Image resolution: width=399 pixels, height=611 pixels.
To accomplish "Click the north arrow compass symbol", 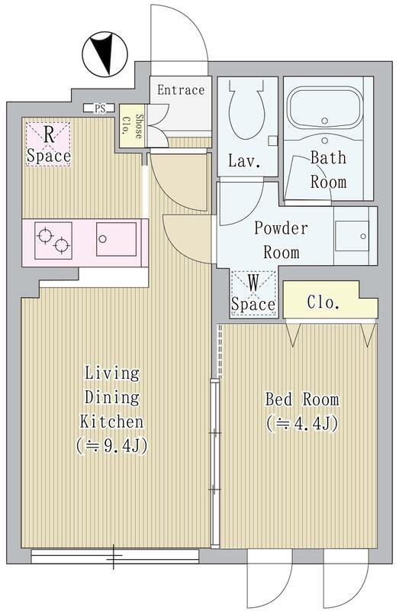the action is pos(105,53).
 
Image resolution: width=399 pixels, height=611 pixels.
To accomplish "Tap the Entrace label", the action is pos(181,90).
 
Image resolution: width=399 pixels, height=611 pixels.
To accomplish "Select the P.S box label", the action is pos(99,108).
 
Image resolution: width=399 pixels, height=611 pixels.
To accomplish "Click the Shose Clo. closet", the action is pos(131,126).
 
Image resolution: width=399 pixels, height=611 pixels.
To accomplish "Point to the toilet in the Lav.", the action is pos(247,110).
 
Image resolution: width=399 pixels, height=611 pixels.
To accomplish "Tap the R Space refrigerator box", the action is pos(48,144).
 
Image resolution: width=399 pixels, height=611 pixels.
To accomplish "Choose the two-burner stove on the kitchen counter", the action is pos(53,241).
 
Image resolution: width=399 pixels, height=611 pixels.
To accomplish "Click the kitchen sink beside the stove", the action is pos(117,239).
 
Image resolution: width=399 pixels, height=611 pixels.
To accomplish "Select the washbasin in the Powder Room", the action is pos(352,236).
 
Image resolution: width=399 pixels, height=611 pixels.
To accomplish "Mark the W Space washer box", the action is pos(253,293).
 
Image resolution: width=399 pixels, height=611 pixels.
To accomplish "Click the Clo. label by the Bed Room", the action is pos(323,302).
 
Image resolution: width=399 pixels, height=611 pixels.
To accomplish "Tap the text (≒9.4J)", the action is pos(111,446).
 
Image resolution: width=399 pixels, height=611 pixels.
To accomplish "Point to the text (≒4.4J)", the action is pos(302,424).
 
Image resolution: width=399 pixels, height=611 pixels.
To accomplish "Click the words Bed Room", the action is pos(302,399).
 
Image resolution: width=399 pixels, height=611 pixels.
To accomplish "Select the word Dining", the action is pos(111,398).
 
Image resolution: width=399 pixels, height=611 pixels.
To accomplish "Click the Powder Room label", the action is pos(281,240).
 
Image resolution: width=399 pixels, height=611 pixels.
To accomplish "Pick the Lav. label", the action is pos(244,161).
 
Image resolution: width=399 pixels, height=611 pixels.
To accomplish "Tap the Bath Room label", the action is pos(328,170).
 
